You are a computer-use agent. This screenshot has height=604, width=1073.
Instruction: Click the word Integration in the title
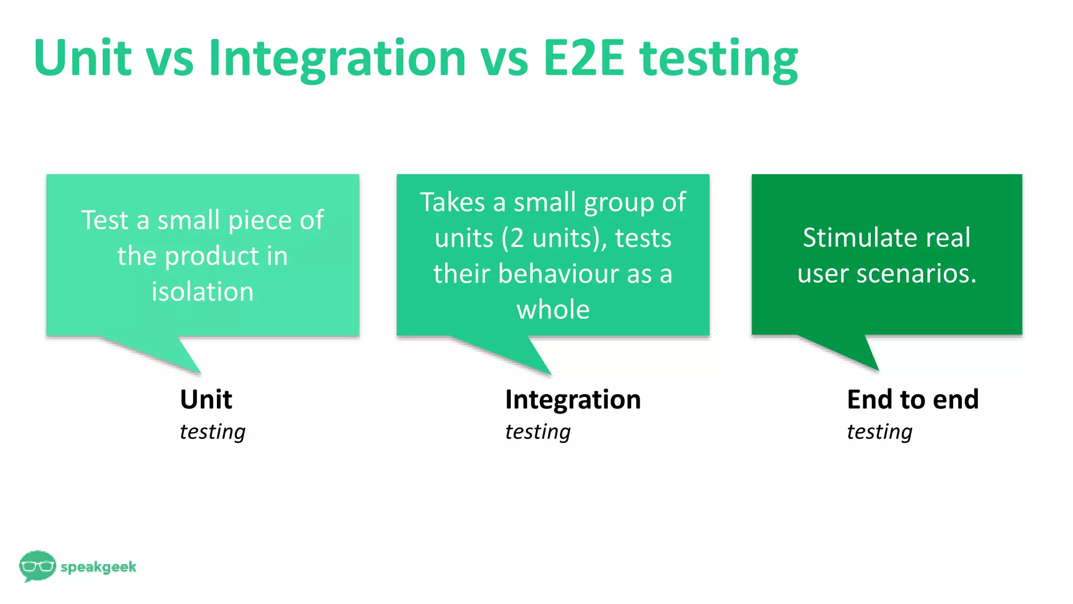tap(337, 59)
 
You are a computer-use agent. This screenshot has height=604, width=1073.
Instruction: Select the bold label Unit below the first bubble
tap(206, 400)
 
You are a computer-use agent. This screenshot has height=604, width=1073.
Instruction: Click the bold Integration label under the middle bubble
tap(573, 400)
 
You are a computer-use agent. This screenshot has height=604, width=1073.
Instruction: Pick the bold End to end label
tap(913, 400)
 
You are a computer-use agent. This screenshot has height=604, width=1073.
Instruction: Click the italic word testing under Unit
tap(212, 432)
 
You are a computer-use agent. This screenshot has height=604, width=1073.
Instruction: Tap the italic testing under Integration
tap(538, 432)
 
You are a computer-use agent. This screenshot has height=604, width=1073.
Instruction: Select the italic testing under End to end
tap(879, 432)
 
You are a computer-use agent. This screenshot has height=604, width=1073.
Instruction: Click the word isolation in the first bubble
tap(203, 292)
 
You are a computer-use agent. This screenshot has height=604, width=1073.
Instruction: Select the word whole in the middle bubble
tap(553, 309)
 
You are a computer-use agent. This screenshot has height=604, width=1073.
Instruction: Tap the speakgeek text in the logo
tap(98, 567)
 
